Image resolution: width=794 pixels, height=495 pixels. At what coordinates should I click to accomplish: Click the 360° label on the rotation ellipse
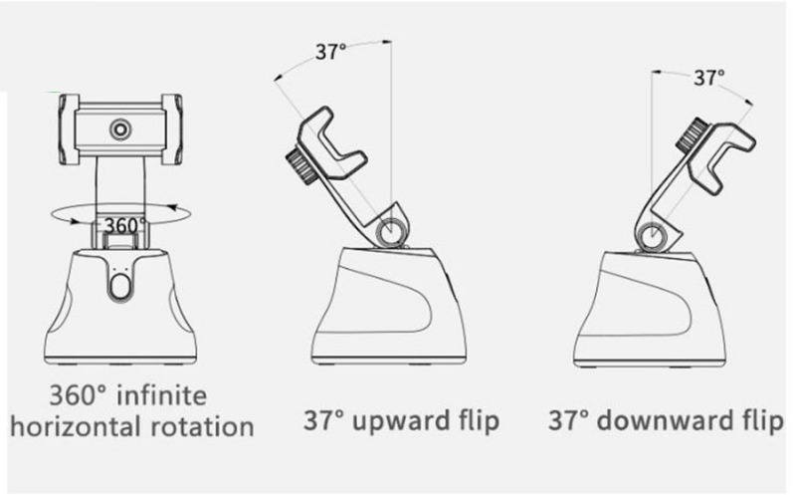124,225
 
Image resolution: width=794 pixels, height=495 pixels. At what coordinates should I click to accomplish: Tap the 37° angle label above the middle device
330,52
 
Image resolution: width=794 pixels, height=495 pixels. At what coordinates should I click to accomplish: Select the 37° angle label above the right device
708,78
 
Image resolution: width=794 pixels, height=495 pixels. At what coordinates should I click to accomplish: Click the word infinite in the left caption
162,395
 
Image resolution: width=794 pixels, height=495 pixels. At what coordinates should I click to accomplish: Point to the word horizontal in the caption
75,426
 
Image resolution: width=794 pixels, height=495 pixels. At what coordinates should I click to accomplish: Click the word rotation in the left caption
203,426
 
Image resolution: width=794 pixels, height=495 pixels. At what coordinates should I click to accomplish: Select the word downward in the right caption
668,421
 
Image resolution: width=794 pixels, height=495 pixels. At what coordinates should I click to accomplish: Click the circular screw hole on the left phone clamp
120,129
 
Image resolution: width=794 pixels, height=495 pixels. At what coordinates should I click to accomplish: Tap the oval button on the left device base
120,287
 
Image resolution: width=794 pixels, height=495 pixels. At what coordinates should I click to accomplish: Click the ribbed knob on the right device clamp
693,135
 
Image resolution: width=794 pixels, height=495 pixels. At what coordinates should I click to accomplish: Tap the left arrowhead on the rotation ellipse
74,221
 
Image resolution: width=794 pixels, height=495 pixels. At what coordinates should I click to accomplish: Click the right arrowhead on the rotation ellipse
173,207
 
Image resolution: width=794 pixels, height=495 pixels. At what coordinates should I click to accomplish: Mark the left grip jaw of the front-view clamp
69,129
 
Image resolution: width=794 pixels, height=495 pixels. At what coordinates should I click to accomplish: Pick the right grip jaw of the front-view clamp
172,129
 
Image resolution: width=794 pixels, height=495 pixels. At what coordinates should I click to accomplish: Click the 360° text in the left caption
79,395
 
